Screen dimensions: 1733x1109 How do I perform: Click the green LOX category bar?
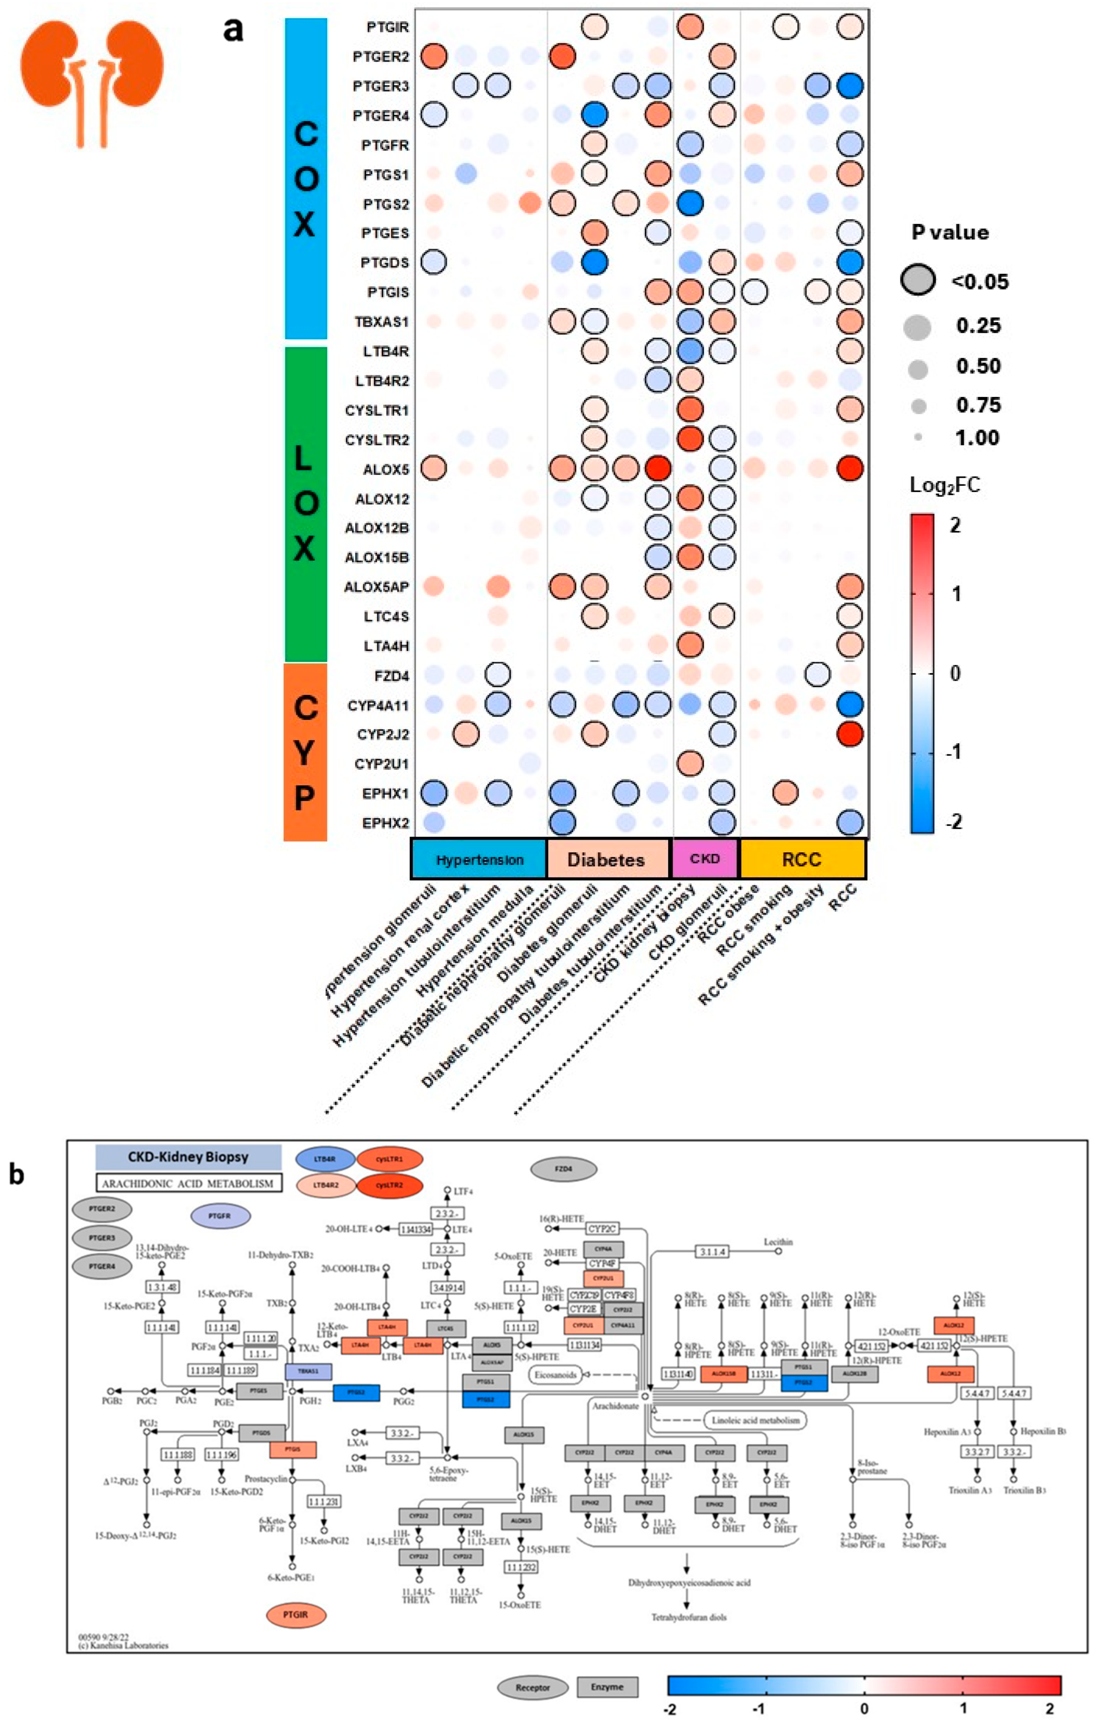pyautogui.click(x=305, y=504)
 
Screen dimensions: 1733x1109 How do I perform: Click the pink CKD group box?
pyautogui.click(x=705, y=859)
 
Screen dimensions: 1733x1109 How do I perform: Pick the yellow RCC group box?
pyautogui.click(x=802, y=859)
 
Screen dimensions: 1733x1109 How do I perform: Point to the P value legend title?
pyautogui.click(x=950, y=232)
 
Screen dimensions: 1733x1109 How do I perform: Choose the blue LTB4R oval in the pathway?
pyautogui.click(x=325, y=1159)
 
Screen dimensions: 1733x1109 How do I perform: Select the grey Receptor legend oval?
pyautogui.click(x=532, y=1687)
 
